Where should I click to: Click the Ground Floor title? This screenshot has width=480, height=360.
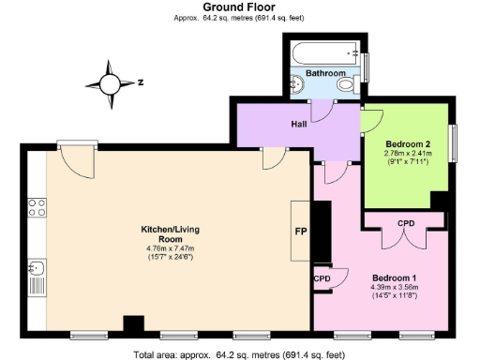coord(239,7)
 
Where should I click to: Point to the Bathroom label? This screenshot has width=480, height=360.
coord(325,73)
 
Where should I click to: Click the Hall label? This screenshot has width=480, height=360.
coord(299,123)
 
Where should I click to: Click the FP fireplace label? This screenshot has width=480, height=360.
coord(301,231)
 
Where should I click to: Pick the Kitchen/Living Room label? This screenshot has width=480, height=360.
coord(172,233)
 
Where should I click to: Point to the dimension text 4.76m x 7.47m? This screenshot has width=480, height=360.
coord(172,247)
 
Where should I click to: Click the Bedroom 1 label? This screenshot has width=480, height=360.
coord(395,278)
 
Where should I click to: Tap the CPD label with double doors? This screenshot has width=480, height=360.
coord(406,223)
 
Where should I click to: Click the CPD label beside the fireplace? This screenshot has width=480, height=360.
coord(322,278)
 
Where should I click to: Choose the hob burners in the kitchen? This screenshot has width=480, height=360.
coord(37,207)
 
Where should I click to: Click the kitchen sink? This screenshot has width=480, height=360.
coord(37,271)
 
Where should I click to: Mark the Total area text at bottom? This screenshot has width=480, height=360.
coord(239,354)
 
